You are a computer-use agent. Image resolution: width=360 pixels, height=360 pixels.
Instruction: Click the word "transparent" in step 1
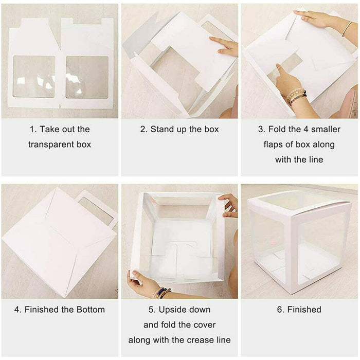[x=51, y=145]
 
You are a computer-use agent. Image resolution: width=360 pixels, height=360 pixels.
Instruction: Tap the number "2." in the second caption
[x=144, y=129]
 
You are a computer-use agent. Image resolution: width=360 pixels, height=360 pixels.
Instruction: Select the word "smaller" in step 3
[x=320, y=129]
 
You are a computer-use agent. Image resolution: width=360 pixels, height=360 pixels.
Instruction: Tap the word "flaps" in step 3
[x=276, y=145]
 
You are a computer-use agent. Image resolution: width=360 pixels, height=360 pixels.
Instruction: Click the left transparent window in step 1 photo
[x=33, y=76]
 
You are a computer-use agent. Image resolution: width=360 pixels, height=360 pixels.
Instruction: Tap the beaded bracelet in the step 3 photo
[x=296, y=96]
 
